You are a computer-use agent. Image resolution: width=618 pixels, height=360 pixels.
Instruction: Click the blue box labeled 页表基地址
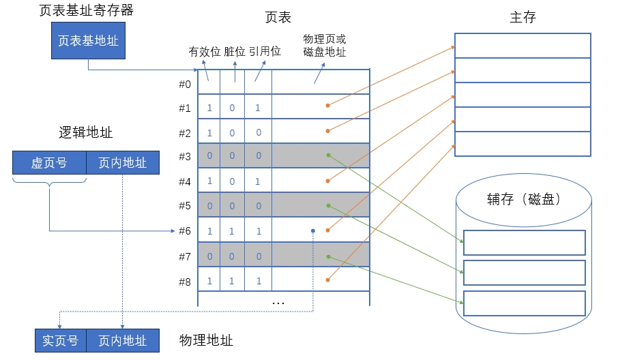pos(88,41)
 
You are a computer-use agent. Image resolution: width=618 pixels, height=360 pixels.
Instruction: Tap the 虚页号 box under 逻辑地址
pos(49,163)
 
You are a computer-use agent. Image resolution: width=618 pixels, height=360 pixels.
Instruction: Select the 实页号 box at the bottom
pos(61,340)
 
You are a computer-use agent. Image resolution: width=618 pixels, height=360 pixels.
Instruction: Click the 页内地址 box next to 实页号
pos(122,340)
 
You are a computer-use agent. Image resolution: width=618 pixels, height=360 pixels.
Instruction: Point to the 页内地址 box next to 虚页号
pos(122,163)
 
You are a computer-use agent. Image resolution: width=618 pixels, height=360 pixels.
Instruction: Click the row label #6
pos(185,231)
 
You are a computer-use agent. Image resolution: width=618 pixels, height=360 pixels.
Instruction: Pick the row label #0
pos(185,84)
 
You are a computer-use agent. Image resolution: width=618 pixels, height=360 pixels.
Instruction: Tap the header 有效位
pos(204,51)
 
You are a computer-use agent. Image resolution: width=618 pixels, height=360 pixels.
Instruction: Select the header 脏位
pos(234,51)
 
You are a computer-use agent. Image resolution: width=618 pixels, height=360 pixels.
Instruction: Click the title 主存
pos(523,18)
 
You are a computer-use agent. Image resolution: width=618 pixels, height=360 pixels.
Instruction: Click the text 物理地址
pos(206,340)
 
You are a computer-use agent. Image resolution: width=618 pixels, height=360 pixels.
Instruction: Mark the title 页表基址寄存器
pos(87,10)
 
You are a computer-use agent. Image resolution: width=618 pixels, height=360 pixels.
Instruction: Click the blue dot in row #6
pos(312,230)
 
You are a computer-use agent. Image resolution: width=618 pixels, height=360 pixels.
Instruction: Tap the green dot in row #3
pos(328,155)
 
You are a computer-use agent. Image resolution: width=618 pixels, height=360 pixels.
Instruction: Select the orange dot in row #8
pos(328,280)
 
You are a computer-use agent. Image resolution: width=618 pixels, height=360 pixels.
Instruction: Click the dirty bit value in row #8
pos(232,281)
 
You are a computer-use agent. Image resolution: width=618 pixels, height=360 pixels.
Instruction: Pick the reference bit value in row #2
pos(259,132)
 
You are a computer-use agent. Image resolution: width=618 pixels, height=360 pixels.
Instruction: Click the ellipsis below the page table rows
pos(278,301)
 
